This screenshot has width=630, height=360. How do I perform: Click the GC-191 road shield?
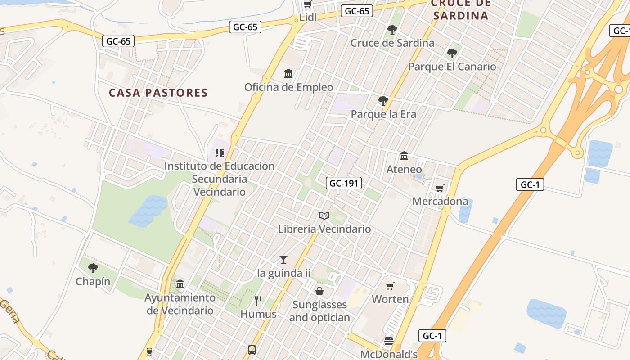coord(344,183)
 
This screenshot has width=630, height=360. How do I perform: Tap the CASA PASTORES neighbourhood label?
coord(158,93)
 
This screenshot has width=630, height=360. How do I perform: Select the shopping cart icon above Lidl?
coord(308,4)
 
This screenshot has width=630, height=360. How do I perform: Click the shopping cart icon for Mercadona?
coord(440,188)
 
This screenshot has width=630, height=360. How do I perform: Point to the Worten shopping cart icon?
coord(390,286)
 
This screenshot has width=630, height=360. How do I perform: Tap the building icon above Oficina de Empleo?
coord(288,73)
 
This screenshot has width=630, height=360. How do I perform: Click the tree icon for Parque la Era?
coord(383,101)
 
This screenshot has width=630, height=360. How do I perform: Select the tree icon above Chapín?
coord(93,268)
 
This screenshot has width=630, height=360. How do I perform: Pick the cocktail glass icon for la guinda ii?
coord(283,259)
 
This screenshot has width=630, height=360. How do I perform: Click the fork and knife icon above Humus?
coord(258,300)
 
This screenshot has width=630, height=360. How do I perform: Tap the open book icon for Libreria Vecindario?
coord(324,216)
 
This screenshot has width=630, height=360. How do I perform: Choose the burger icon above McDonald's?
coord(389,341)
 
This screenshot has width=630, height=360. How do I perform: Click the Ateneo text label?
coord(404,170)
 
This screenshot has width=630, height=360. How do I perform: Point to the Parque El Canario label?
coord(452,67)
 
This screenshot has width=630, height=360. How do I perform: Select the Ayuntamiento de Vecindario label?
coord(180,304)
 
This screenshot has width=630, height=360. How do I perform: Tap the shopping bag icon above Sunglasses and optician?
coord(319,291)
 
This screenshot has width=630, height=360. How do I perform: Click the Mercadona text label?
coord(440,201)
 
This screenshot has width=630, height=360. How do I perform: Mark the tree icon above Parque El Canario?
coord(452,54)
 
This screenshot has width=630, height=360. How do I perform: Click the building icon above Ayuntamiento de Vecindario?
coord(180,284)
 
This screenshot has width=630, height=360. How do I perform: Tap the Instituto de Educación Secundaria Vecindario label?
coord(219,179)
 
